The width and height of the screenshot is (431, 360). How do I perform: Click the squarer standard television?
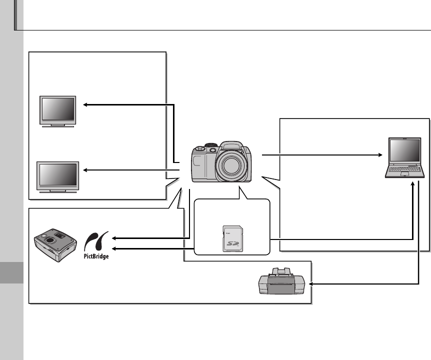point(57,109)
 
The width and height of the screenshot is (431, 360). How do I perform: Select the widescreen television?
point(58,175)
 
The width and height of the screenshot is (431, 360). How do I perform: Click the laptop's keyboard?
point(405,171)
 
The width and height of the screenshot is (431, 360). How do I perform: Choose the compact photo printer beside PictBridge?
point(54,244)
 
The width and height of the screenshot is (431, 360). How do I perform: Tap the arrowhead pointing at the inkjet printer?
point(312,283)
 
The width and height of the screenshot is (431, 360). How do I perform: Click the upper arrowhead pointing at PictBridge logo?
point(114,238)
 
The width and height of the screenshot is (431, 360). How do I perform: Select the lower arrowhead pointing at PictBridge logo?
point(114,247)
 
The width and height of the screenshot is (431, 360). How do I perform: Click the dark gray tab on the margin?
point(11,273)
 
